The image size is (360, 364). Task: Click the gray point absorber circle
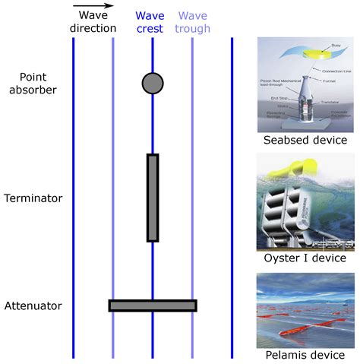pos(153,83)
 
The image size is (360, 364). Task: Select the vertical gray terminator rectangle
pos(153,198)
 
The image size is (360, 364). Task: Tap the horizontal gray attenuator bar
pos(153,305)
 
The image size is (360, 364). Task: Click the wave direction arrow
pos(93,7)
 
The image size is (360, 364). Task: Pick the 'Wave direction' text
pos(93,21)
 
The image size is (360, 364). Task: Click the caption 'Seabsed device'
pos(305,141)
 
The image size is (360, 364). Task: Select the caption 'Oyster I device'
pos(305,258)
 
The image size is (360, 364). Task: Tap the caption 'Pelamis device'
pos(305,355)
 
